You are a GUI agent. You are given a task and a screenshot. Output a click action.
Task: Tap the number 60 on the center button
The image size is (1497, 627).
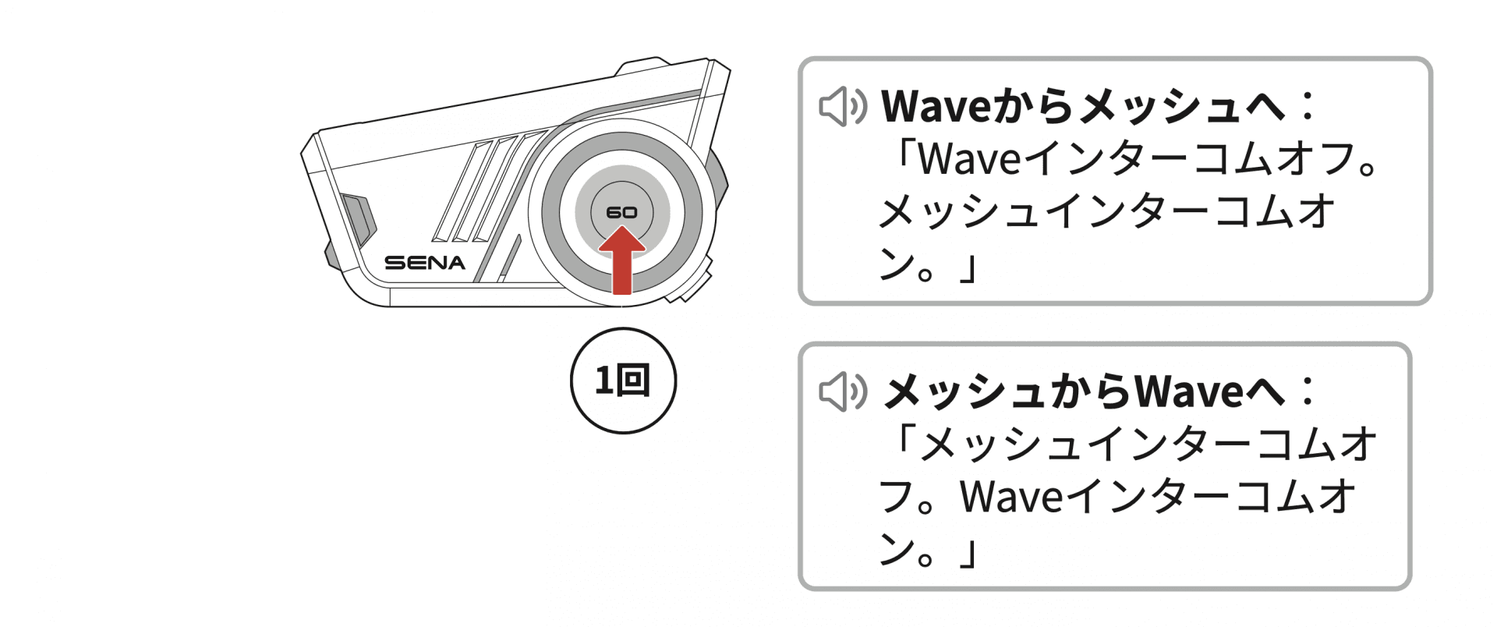[x=621, y=212]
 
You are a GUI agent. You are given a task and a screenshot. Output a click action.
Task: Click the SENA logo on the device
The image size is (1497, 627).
[x=424, y=263]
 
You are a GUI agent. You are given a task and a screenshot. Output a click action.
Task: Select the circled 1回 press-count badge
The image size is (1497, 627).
[x=623, y=381]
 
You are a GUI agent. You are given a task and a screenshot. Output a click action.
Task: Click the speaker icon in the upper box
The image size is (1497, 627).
[x=842, y=107]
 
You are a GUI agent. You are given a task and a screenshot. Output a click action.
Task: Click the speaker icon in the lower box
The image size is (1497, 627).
[x=842, y=391]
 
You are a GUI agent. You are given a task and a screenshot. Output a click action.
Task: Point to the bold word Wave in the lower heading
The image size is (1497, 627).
[x=1188, y=391]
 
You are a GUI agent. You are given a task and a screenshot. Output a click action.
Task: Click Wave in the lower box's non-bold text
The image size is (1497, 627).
[x=1010, y=497]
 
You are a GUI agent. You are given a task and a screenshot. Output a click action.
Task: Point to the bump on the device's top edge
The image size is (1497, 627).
[x=643, y=66]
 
